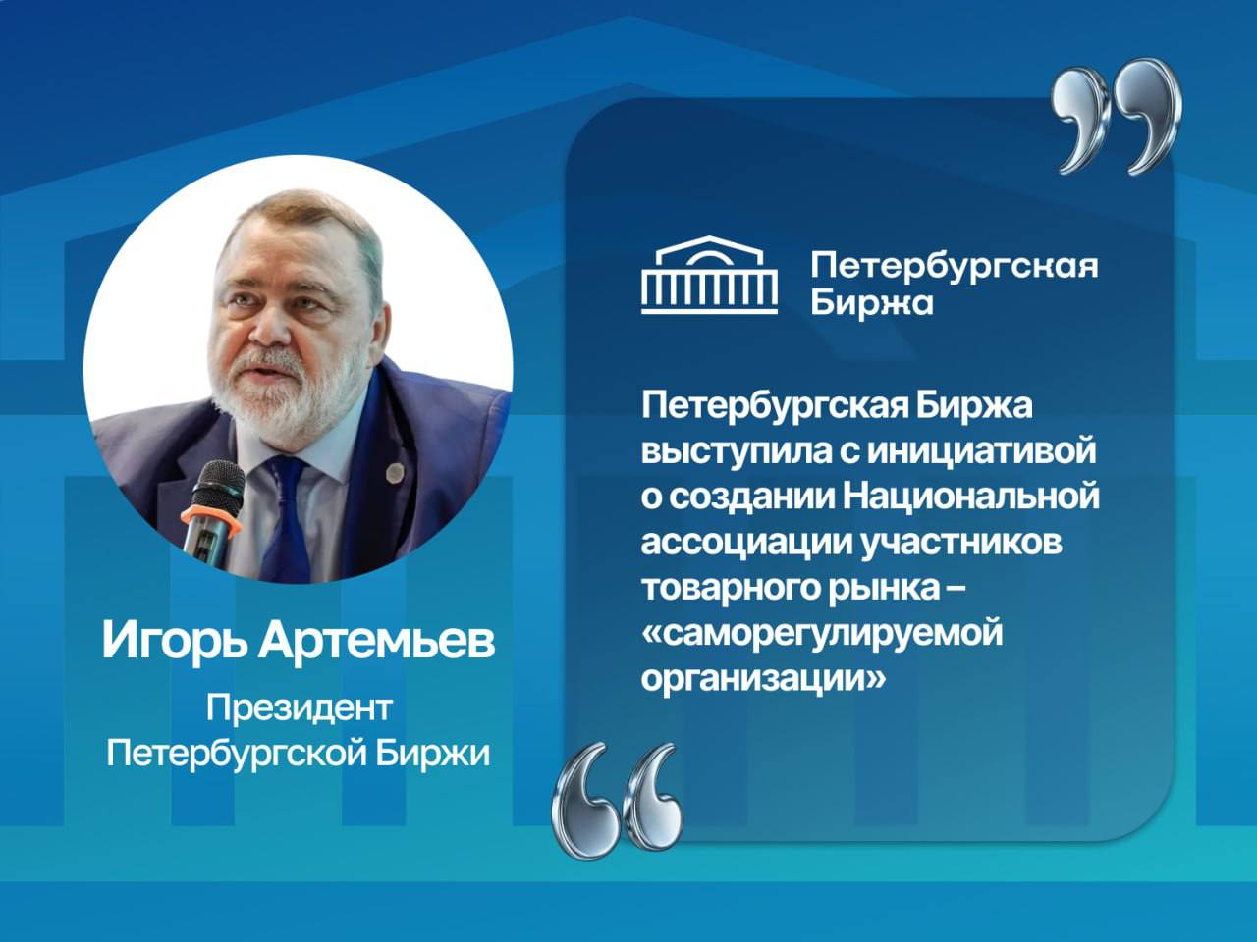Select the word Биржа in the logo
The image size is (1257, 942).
pos(872,301)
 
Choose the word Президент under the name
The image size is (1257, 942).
pos(299,706)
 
